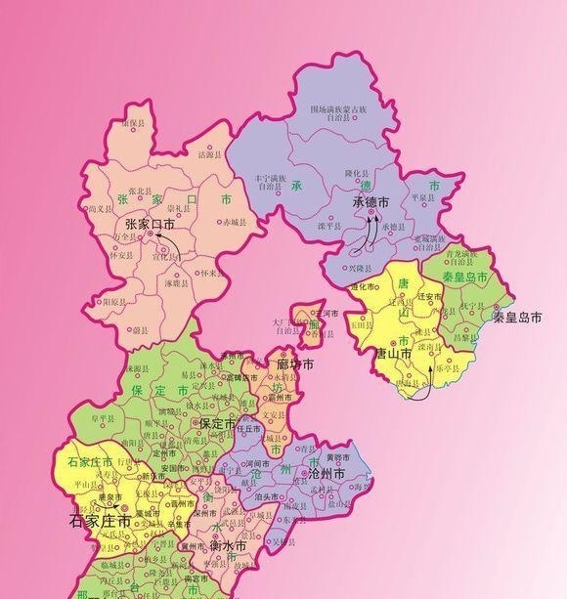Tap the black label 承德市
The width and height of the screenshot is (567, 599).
[370, 202]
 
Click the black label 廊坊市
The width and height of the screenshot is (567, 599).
[294, 364]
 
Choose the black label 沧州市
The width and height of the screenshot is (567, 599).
[327, 473]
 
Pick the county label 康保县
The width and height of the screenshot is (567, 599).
[133, 124]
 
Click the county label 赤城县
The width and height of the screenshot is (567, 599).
[236, 223]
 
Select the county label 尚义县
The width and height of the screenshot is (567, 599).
[102, 208]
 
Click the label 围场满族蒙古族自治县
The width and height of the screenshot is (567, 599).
[339, 112]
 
